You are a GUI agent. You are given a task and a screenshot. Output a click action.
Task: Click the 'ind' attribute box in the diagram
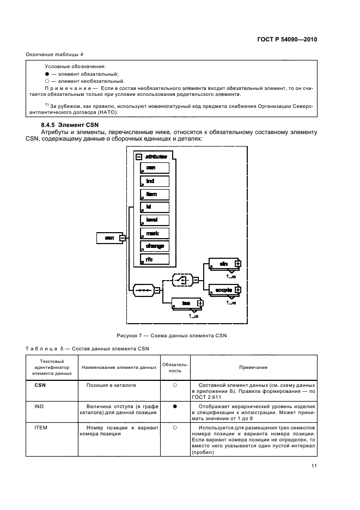click(x=155, y=181)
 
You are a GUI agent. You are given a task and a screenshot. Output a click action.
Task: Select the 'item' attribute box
click(x=155, y=195)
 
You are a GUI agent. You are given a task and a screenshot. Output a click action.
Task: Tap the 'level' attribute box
click(x=155, y=220)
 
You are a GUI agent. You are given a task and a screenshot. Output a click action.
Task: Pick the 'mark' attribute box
click(x=155, y=233)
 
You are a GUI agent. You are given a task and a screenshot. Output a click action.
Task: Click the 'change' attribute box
click(x=155, y=246)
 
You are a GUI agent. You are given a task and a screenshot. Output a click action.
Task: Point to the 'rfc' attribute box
click(x=155, y=259)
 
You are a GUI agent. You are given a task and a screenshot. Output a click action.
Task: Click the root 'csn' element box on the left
click(x=108, y=238)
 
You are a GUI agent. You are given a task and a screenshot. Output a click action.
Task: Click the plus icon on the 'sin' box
click(x=237, y=264)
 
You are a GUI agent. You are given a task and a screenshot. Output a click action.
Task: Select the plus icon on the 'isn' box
click(x=200, y=303)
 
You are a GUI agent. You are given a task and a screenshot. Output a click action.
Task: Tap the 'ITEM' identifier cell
click(x=41, y=428)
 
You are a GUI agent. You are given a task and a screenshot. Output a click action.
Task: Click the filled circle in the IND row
click(x=175, y=406)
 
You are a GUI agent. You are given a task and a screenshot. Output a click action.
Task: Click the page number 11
click(x=314, y=466)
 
